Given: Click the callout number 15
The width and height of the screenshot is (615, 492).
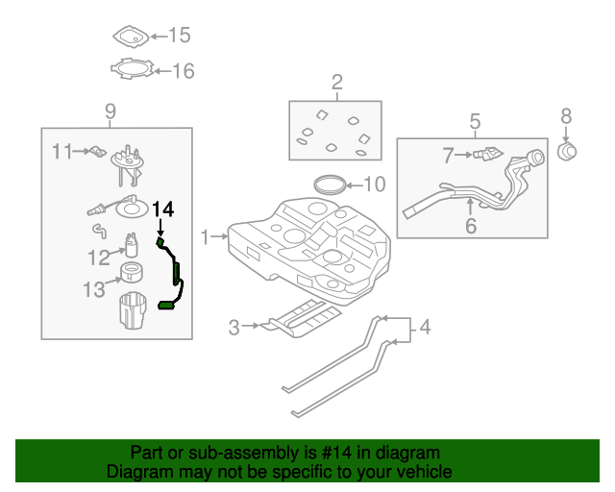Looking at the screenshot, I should point(180,36).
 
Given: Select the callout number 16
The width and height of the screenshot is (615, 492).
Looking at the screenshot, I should point(183,70).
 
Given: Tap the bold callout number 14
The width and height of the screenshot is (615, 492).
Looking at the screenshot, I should point(163,209).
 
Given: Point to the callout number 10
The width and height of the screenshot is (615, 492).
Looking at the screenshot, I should point(374,184).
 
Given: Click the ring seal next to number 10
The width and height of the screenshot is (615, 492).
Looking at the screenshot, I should point(330,183).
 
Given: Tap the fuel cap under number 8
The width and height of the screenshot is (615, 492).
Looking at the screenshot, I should point(567,152).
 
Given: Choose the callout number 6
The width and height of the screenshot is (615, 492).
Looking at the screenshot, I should point(471,227).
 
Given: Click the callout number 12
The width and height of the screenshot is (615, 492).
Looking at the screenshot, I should point(99,257).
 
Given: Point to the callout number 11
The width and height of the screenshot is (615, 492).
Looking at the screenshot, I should point(62,151).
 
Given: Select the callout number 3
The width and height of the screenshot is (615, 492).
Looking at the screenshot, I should point(234,328).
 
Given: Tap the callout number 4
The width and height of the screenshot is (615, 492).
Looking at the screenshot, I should point(425,329).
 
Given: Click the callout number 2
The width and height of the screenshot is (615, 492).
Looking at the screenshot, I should point(337,82).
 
